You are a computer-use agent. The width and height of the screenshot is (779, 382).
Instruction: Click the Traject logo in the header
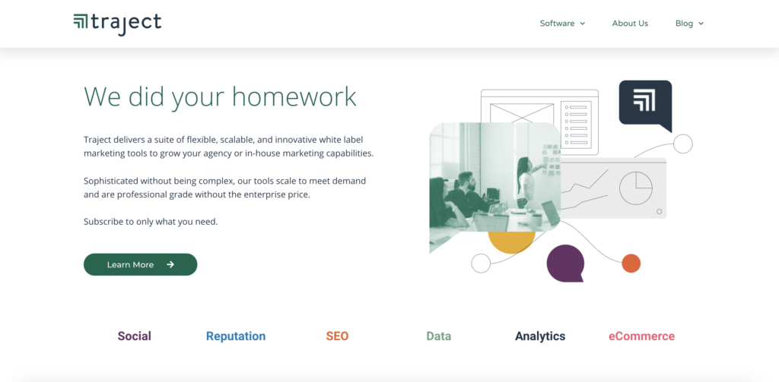[x=117, y=24]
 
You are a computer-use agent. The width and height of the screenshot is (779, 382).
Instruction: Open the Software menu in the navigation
[x=562, y=24]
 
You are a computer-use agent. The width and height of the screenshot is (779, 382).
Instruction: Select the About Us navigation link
[x=630, y=24]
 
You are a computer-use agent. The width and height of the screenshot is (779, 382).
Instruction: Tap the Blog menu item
[x=689, y=24]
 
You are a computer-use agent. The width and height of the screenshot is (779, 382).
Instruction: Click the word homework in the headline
[x=294, y=96]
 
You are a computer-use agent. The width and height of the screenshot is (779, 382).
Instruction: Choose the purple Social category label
[x=134, y=336]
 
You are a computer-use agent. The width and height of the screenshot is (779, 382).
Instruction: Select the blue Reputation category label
[x=236, y=336]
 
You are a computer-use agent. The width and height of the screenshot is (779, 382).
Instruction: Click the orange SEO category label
[x=337, y=336]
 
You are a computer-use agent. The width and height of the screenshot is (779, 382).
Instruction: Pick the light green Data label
[x=439, y=336]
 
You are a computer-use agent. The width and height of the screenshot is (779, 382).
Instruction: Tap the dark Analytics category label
[x=540, y=336]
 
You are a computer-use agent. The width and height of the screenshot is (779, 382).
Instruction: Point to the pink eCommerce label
[x=641, y=336]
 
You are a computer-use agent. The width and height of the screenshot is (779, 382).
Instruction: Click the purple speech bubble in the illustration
[x=565, y=264]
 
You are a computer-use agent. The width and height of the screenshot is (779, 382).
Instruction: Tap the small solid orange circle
[x=631, y=264]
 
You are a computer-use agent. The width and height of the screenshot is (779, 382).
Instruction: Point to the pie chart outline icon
[x=636, y=188]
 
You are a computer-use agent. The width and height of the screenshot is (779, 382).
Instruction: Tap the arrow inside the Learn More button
[x=170, y=264]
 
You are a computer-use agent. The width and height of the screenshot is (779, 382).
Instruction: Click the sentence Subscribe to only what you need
[x=151, y=222]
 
